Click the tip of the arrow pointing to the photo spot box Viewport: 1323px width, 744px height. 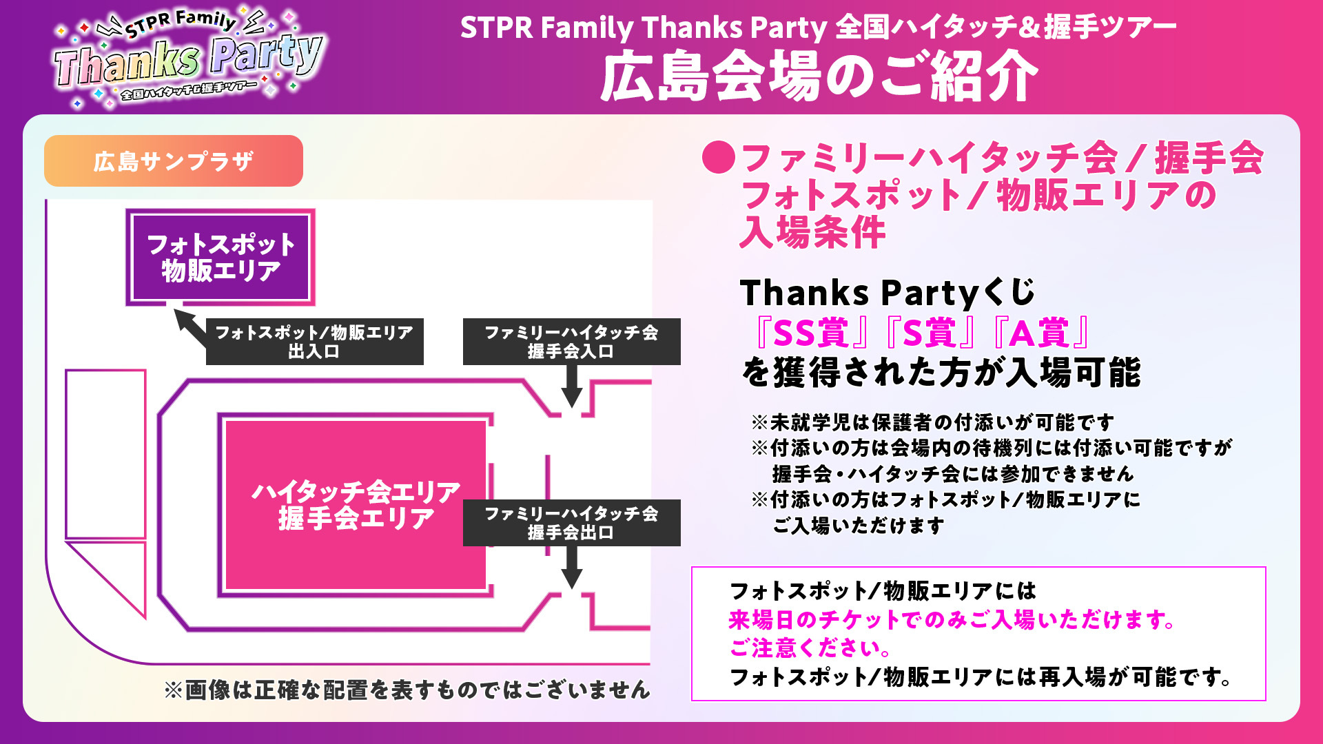[x=175, y=309]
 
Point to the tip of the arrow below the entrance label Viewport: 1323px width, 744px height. [x=571, y=408]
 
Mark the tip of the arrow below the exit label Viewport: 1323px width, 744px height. [x=571, y=589]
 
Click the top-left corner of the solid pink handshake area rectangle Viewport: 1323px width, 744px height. [x=226, y=421]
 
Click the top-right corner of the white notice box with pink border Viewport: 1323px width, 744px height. [x=1266, y=568]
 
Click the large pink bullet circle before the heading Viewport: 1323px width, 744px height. [x=719, y=157]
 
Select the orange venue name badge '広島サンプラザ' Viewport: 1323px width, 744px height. [x=174, y=161]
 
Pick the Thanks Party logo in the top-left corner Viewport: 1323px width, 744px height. [x=188, y=58]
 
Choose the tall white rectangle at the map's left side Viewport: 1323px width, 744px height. [x=105, y=454]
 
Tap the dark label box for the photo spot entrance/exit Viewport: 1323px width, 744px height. [x=315, y=342]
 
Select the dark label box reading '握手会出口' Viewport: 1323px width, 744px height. [x=572, y=523]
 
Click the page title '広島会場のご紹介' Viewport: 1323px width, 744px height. [x=819, y=76]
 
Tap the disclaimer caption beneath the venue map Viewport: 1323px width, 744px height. [x=407, y=690]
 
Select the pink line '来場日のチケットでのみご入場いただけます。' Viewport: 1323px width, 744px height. [x=952, y=620]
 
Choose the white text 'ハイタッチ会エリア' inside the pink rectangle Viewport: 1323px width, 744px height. [x=356, y=492]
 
